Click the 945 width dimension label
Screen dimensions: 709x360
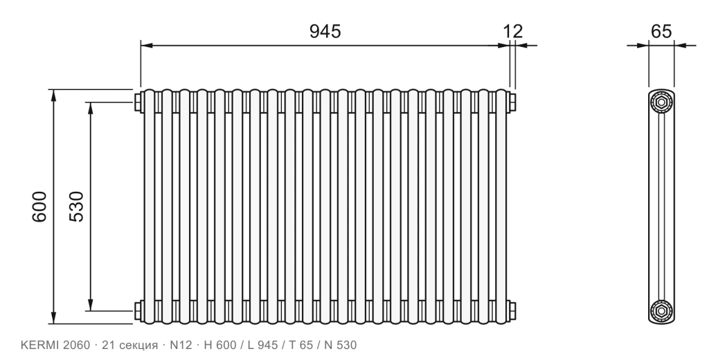pos(325,31)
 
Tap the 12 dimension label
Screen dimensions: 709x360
pos(513,31)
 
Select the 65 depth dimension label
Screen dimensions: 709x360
pos(661,31)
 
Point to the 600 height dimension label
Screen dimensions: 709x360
pos(39,206)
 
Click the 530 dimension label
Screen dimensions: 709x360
pos(76,206)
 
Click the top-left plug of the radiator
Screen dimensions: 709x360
pos(138,102)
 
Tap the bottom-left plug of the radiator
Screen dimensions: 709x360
pos(138,311)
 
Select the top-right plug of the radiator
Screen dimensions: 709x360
pos(512,102)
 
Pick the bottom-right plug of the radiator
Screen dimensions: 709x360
pos(512,311)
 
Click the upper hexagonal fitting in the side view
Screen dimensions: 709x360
pos(661,102)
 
